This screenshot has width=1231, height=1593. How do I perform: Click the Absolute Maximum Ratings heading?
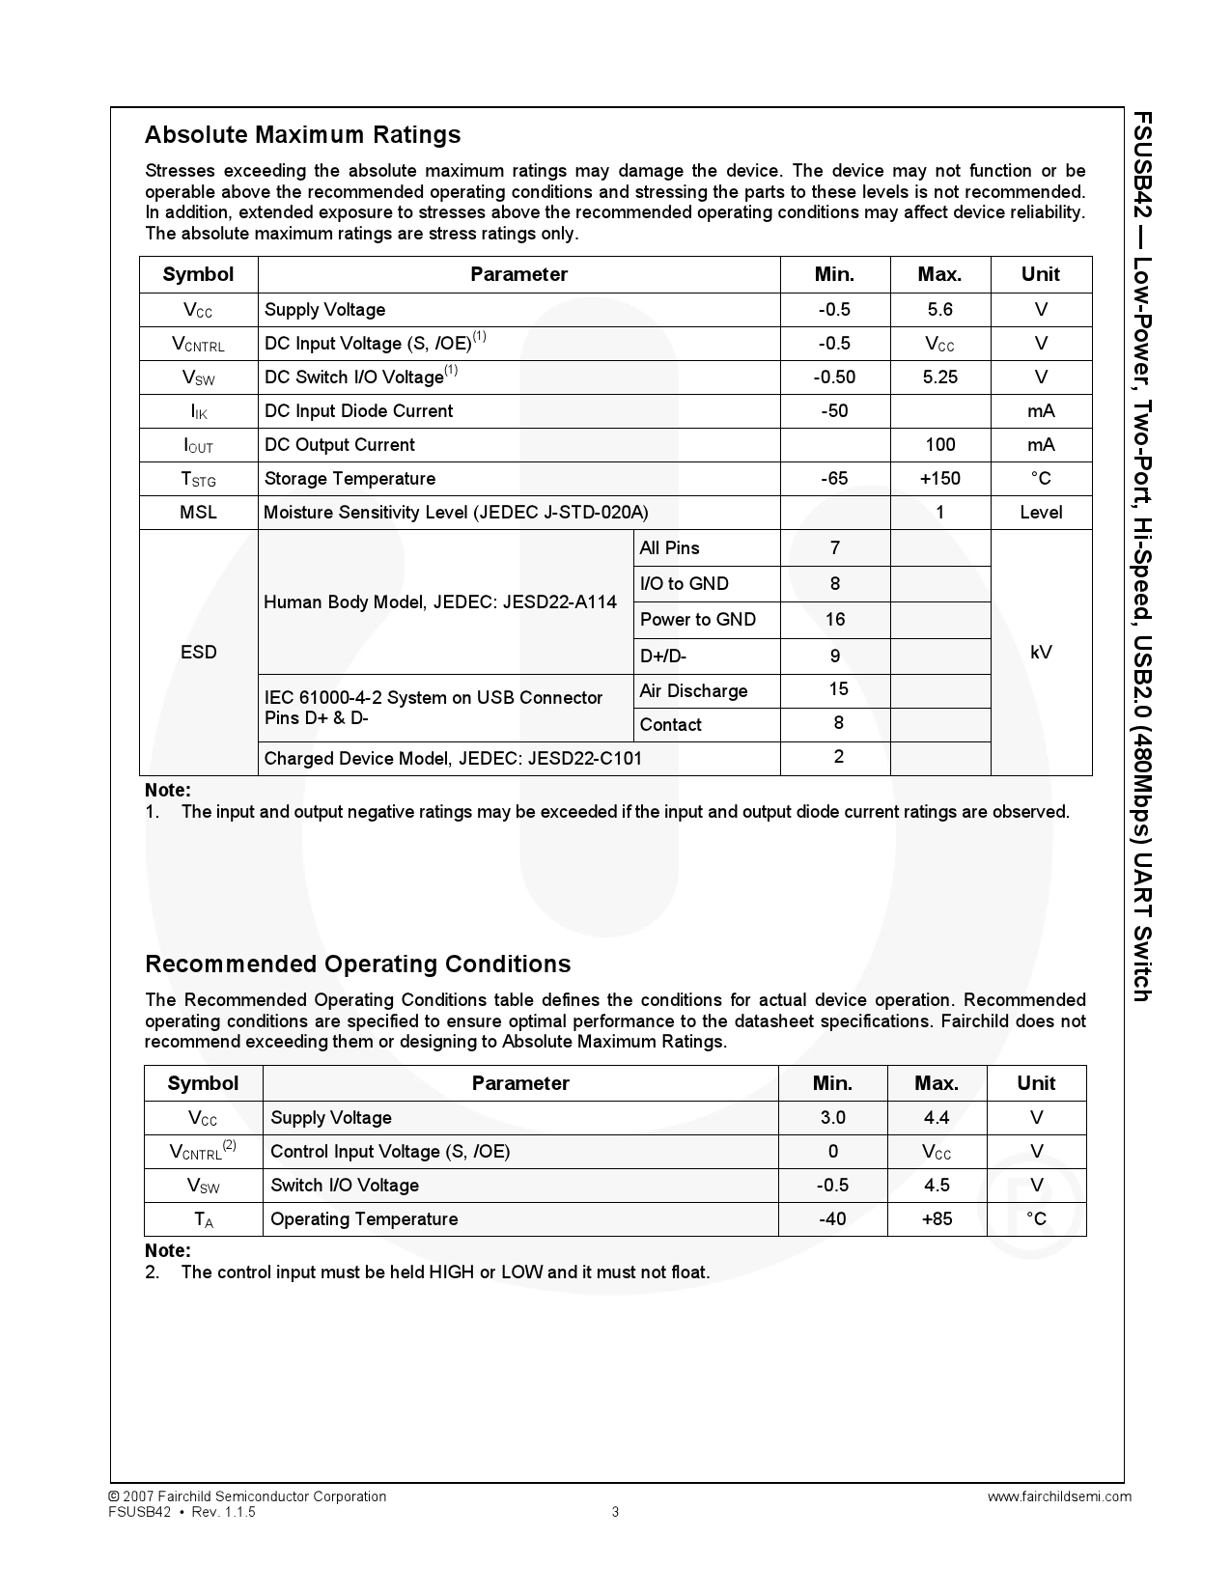[x=302, y=135]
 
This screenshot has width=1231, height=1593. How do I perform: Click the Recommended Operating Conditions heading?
[x=357, y=964]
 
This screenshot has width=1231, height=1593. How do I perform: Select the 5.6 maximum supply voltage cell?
[x=939, y=310]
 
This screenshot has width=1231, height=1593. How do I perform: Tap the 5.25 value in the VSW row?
[x=939, y=377]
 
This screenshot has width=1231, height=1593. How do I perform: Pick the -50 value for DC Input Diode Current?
[x=834, y=411]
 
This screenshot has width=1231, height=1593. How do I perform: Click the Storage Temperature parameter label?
[x=350, y=479]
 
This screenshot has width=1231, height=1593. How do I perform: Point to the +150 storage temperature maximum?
[x=939, y=479]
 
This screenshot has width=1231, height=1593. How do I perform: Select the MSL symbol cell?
[x=198, y=513]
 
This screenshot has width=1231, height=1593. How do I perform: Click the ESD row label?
[x=198, y=653]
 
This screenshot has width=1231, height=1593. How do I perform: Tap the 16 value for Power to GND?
[x=834, y=620]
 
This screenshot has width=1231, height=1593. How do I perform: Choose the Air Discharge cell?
[x=693, y=691]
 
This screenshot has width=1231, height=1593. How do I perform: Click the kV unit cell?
[x=1041, y=653]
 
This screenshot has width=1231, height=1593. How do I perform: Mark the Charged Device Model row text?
[x=453, y=759]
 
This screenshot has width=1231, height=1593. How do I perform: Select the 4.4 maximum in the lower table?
[x=936, y=1118]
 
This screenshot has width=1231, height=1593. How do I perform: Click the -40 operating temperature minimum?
[x=832, y=1219]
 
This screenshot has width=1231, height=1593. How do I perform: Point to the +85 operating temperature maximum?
[x=936, y=1219]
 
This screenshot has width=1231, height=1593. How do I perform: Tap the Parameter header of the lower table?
[x=520, y=1083]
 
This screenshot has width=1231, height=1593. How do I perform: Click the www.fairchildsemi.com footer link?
[x=1059, y=1496]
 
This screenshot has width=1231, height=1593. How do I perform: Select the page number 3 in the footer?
[x=615, y=1512]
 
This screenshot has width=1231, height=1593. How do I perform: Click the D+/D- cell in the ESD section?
[x=662, y=657]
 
